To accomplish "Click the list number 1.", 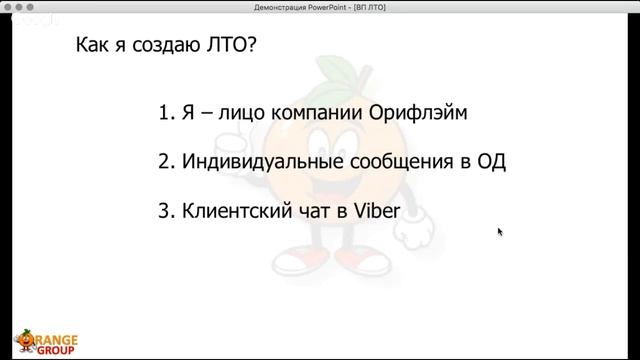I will [165, 112].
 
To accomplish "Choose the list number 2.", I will [165, 162].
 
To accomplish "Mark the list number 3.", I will [165, 212].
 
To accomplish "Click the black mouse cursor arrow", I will [500, 232].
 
